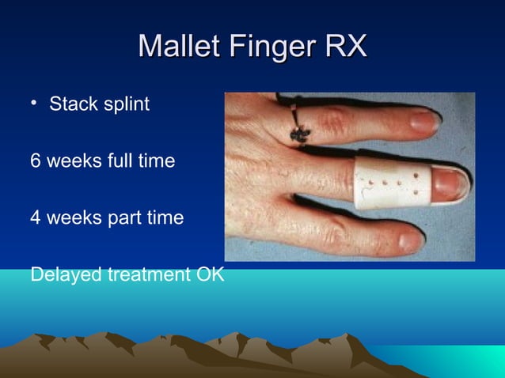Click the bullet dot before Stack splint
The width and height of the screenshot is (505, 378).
coord(36,104)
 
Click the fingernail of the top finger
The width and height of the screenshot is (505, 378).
coord(426,120)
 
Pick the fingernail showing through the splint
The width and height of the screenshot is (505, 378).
coord(451,183)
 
